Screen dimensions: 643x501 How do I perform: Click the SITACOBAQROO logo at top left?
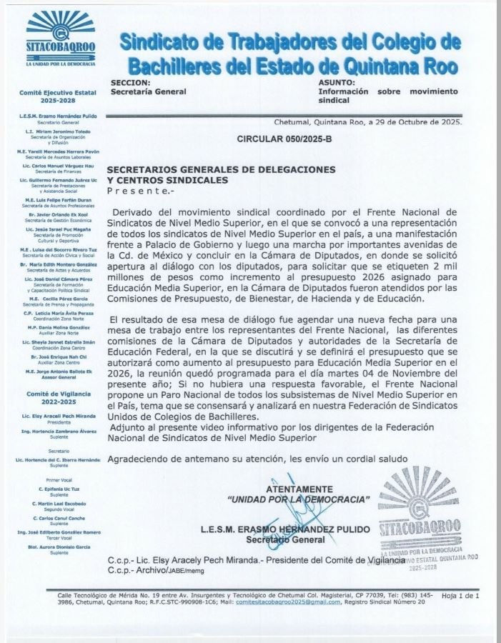[61, 39]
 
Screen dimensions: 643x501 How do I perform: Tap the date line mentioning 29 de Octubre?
[368, 121]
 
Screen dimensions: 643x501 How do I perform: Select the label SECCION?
[129, 83]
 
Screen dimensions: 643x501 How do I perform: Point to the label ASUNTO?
[337, 83]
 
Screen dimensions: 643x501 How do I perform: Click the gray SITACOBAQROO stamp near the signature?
[419, 514]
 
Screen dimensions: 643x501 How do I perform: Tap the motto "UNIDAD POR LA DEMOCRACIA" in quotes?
[298, 499]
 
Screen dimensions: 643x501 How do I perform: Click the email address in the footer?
[289, 602]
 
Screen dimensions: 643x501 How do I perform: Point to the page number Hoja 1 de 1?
[460, 595]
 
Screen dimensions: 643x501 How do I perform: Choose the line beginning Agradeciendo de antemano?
[257, 458]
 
